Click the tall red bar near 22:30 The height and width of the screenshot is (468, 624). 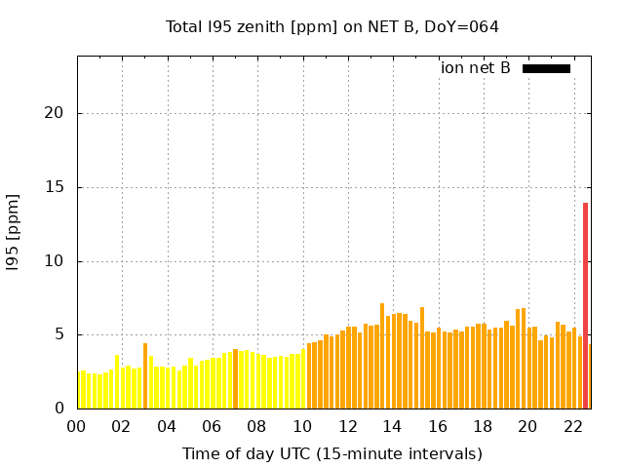pos(585,305)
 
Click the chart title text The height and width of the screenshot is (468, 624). pos(332,27)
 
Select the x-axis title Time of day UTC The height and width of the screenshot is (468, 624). pos(331,453)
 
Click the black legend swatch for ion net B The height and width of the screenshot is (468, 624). pos(546,68)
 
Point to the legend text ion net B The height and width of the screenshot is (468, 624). pos(475,68)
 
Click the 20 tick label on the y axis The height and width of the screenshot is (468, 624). pos(54,113)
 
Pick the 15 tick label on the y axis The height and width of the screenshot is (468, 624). pos(54,187)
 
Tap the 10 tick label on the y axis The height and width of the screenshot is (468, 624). pos(54,261)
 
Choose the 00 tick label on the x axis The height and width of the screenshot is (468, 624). pos(77,426)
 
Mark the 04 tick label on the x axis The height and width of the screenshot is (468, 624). pos(167,426)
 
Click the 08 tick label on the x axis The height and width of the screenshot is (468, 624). pos(257,426)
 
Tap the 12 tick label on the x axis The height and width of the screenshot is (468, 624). pos(347,426)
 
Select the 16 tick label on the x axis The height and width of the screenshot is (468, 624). pos(438,426)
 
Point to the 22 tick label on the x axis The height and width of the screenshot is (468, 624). pos(573,426)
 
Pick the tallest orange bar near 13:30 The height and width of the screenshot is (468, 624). pos(382,357)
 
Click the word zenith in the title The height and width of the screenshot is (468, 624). pos(255,27)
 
